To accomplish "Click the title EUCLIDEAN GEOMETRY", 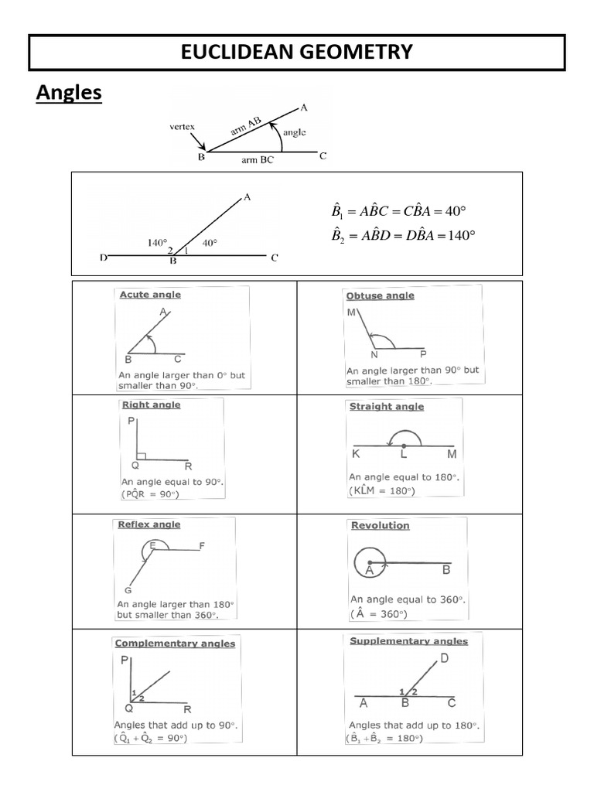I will (x=296, y=52).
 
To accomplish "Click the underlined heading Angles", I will (x=70, y=93).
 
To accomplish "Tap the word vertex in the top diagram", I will (x=183, y=126).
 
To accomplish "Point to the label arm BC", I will (x=257, y=160).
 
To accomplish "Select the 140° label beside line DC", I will (x=158, y=242).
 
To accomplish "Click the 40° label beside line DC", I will (x=210, y=242).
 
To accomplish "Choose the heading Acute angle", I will (x=150, y=295).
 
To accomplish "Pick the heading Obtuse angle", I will (x=380, y=295).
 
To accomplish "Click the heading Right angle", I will (x=151, y=405).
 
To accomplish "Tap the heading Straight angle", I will (x=387, y=406).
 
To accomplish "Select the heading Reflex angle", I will (x=149, y=524).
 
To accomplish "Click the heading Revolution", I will (x=380, y=525).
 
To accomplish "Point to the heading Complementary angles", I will (x=175, y=643).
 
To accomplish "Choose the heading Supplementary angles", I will (x=408, y=641).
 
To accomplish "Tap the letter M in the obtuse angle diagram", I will (x=352, y=313).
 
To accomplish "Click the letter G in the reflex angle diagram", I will (x=128, y=590).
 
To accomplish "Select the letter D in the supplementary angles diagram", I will (x=444, y=658).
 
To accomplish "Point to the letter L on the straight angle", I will (x=403, y=455).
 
